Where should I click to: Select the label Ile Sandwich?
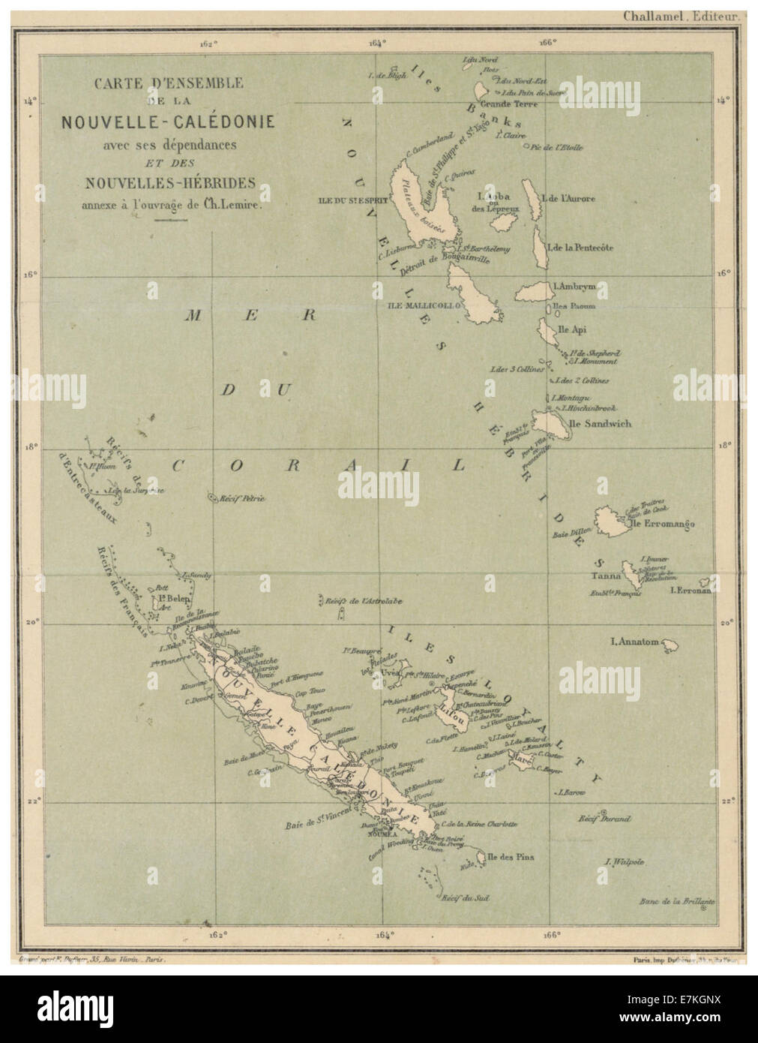pos(601,424)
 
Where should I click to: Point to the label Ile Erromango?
pos(664,523)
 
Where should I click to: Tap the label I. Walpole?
pos(625,861)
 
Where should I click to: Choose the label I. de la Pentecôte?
pos(581,247)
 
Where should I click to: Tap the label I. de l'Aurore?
pos(571,199)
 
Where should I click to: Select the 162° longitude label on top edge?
pos(208,43)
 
